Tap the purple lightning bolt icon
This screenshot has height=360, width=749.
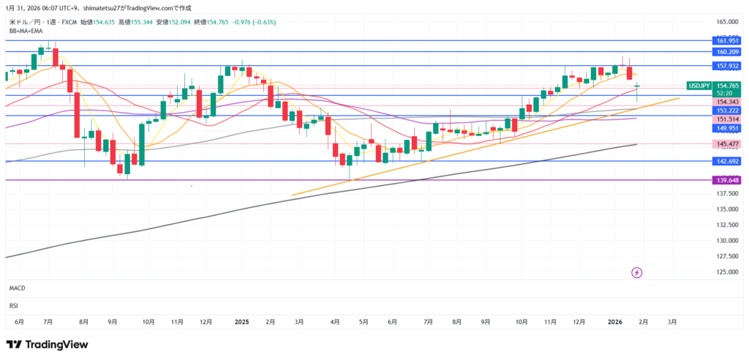[636, 273]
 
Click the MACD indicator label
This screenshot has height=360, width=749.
[18, 289]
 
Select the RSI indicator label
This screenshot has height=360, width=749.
[13, 304]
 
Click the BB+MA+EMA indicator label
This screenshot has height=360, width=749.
[26, 31]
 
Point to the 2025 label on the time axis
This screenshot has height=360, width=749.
[242, 321]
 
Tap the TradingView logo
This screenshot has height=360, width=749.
[47, 344]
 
